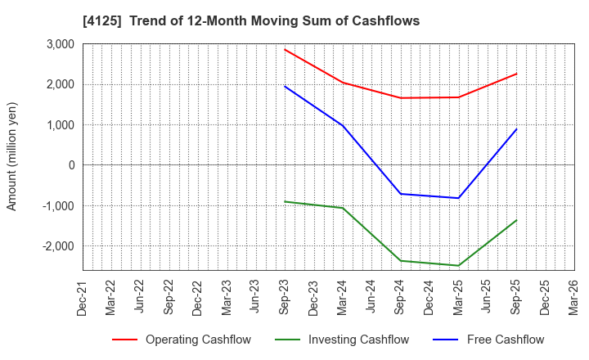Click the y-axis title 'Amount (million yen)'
tap(11, 156)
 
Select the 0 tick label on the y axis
tap(71, 165)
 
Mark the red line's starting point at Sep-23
tap(285, 49)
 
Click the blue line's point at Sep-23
tap(285, 87)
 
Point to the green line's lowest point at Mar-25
tap(458, 265)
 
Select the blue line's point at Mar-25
tap(458, 198)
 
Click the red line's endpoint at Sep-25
tap(516, 74)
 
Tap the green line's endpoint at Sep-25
tap(516, 220)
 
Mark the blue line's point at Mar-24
tap(343, 126)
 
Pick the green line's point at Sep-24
tap(401, 261)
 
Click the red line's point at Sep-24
tap(401, 98)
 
